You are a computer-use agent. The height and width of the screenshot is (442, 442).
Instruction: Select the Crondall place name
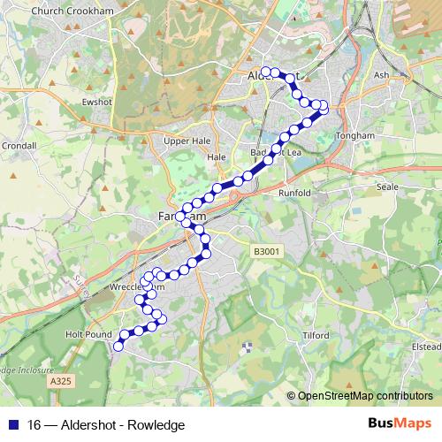tap(18, 145)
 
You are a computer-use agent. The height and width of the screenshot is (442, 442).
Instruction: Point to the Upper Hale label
tap(184, 140)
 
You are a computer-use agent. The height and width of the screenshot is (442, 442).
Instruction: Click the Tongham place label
tap(355, 136)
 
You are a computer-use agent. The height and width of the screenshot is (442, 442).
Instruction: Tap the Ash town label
tap(381, 75)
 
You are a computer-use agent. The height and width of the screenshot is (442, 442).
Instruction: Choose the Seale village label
tap(388, 187)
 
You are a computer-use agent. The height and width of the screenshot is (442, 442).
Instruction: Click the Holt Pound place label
tap(89, 335)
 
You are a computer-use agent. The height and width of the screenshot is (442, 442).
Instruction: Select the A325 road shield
tap(59, 380)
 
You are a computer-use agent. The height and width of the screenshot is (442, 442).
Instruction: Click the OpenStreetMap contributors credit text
tap(365, 396)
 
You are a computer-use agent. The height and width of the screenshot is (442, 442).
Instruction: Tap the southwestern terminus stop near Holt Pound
tap(118, 347)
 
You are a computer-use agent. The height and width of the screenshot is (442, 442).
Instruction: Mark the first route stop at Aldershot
tap(265, 71)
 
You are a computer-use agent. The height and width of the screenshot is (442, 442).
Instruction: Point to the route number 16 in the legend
tap(35, 425)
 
